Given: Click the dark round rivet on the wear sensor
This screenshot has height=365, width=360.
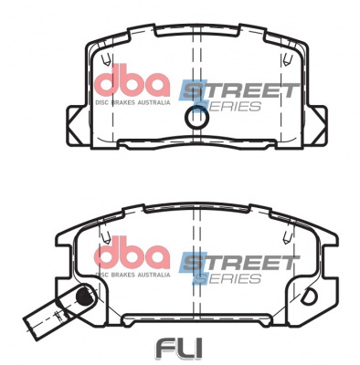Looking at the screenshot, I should pos(84,295).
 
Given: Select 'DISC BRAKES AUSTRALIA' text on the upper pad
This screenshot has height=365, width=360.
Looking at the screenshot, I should pos(132,103).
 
